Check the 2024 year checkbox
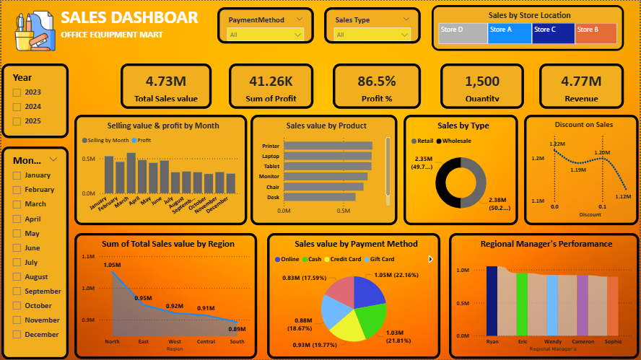click(x=17, y=107)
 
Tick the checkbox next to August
click(x=17, y=277)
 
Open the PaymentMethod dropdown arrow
click(x=298, y=34)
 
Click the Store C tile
click(x=553, y=33)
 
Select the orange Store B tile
click(x=596, y=33)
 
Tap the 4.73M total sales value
click(x=165, y=82)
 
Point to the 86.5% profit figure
click(x=376, y=82)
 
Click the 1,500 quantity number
click(x=482, y=82)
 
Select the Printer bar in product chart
click(x=328, y=146)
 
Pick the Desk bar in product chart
click(x=320, y=196)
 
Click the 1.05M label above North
click(x=112, y=265)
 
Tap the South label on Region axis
click(x=237, y=341)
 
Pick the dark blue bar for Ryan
click(x=492, y=301)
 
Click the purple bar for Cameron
click(x=583, y=305)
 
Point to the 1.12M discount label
click(x=623, y=196)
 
